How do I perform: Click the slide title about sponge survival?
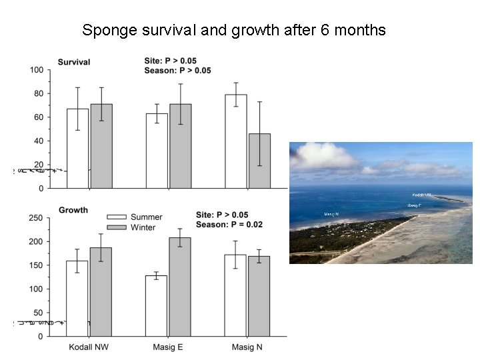point(233,30)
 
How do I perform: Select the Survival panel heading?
point(74,62)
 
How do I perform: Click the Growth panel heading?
point(73,210)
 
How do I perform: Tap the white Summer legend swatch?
point(117,217)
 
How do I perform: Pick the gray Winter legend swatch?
point(117,227)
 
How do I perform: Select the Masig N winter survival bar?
point(259,161)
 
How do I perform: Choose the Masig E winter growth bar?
point(180,287)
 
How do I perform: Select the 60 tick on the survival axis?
point(39,117)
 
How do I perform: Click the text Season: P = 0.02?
point(229,225)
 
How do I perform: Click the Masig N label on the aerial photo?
point(331,214)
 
